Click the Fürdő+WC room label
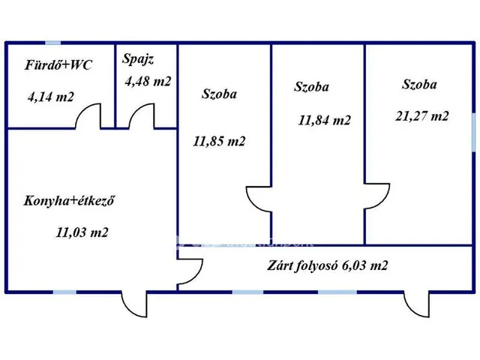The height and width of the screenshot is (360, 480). tap(58, 65)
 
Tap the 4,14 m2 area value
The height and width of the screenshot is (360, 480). tap(51, 97)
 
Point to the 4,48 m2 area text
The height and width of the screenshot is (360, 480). tap(147, 82)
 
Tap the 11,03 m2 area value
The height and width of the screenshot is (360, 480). tap(82, 232)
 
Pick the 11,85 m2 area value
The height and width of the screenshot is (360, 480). tap(219, 141)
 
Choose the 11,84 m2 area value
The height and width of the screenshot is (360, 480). tap(324, 120)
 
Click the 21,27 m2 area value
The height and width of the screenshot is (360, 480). tap(421, 115)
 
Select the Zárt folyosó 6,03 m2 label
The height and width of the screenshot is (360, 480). tap(327, 265)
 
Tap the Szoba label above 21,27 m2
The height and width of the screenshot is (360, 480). tap(419, 84)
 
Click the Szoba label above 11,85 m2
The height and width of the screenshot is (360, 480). tap(219, 94)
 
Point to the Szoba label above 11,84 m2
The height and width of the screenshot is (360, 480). tap(312, 86)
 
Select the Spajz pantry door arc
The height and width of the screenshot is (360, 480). tap(139, 116)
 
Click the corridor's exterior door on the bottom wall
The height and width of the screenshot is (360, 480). tap(415, 304)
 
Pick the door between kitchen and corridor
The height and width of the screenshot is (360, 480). tap(189, 271)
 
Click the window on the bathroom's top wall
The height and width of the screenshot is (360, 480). tap(52, 43)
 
